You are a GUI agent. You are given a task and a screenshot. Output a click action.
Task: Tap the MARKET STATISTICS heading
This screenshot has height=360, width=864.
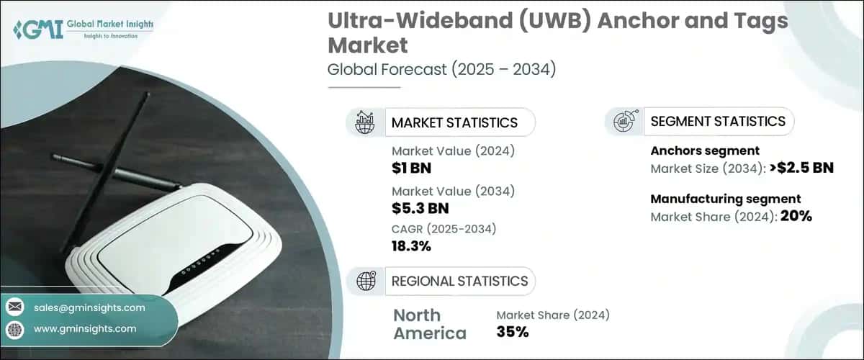pos(454,122)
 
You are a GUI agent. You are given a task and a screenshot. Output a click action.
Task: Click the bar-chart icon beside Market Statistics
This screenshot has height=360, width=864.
pos(365,122)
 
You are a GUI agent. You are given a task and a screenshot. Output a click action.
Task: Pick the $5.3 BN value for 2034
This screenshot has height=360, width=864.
pos(420,209)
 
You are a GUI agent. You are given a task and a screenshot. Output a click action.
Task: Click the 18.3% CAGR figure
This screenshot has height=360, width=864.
pos(411,246)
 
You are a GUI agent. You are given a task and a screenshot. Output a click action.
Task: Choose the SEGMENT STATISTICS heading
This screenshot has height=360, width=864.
pos(718,121)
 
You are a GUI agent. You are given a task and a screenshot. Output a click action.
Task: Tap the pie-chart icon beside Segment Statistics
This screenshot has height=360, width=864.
pos(624,121)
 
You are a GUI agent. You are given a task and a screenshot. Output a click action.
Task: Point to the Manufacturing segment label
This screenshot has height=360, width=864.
pos(726,199)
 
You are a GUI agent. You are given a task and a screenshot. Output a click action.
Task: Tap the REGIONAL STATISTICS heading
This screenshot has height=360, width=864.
pos(459,281)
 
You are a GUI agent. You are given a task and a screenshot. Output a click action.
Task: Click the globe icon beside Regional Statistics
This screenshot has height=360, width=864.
pos(365,281)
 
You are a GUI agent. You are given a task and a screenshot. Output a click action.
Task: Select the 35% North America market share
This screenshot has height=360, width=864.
pos(513,332)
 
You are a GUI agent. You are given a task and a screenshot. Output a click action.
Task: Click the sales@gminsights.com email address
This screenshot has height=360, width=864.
pos(89,307)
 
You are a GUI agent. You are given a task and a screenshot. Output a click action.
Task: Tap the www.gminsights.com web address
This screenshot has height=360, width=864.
pos(85,328)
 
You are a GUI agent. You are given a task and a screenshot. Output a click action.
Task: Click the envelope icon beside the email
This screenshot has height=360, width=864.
pos(14,307)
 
